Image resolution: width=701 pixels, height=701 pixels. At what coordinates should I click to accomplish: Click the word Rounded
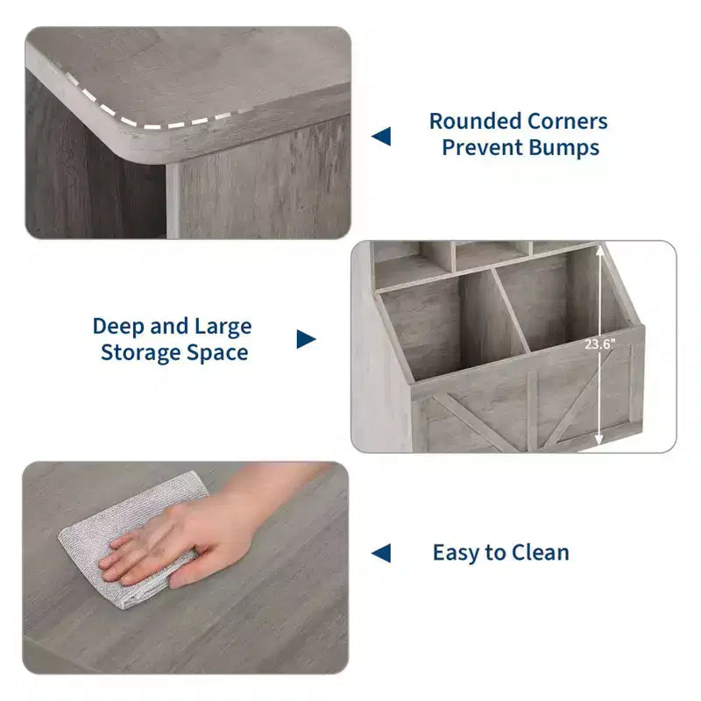pos(475,121)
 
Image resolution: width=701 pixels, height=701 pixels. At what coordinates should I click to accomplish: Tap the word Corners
pos(567,121)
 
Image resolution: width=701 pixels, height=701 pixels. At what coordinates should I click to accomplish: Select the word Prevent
pos(480,148)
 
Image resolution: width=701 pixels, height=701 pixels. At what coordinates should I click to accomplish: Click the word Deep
pos(118,327)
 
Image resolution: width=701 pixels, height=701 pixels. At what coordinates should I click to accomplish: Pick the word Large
pos(223,327)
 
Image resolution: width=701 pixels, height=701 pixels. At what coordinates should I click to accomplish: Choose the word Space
pos(217,353)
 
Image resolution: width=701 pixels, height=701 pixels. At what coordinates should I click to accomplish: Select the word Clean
pos(541,553)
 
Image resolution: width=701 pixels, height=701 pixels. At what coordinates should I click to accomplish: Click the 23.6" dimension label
pos(600,344)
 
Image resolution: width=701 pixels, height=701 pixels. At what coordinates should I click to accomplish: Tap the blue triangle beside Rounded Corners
pos(381,137)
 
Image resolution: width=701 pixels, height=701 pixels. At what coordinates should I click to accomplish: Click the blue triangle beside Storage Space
pos(306,339)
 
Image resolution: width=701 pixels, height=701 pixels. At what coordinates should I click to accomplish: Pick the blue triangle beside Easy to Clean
pos(381,553)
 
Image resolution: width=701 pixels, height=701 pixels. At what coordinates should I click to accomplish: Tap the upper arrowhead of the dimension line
pos(600,251)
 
